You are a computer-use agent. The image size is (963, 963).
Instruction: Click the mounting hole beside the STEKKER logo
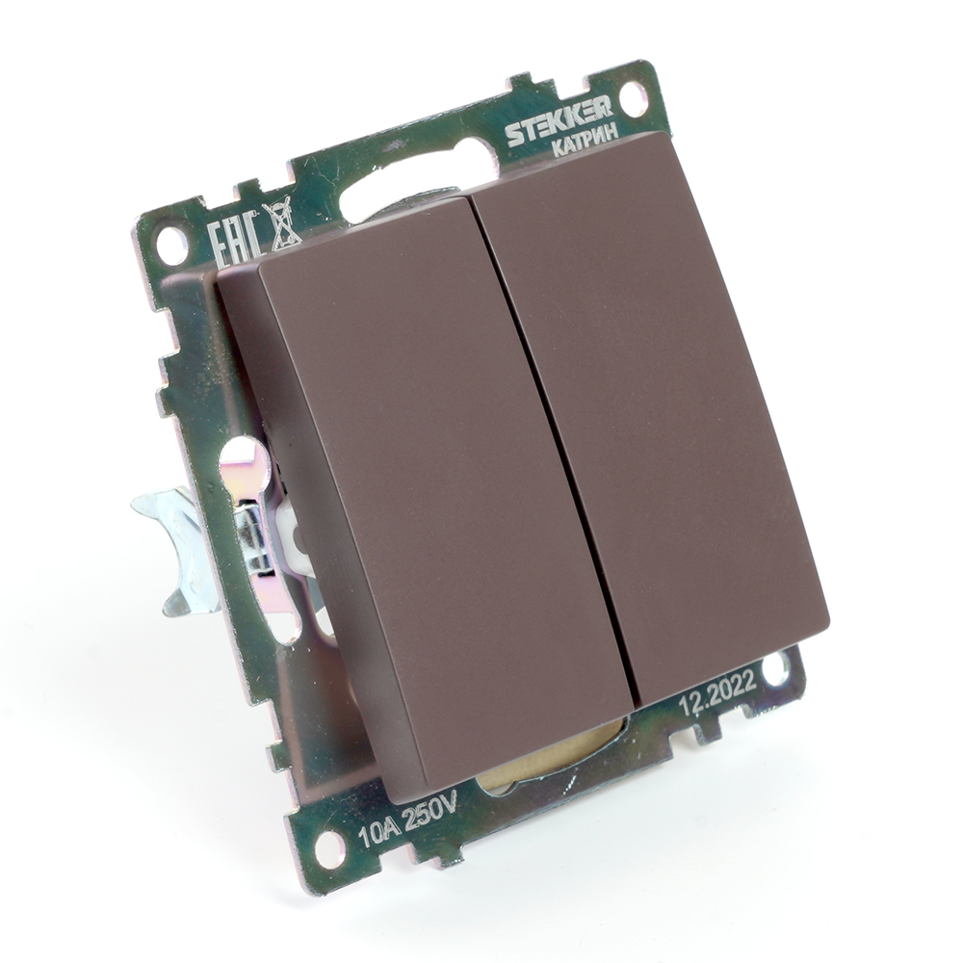pos(634,95)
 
